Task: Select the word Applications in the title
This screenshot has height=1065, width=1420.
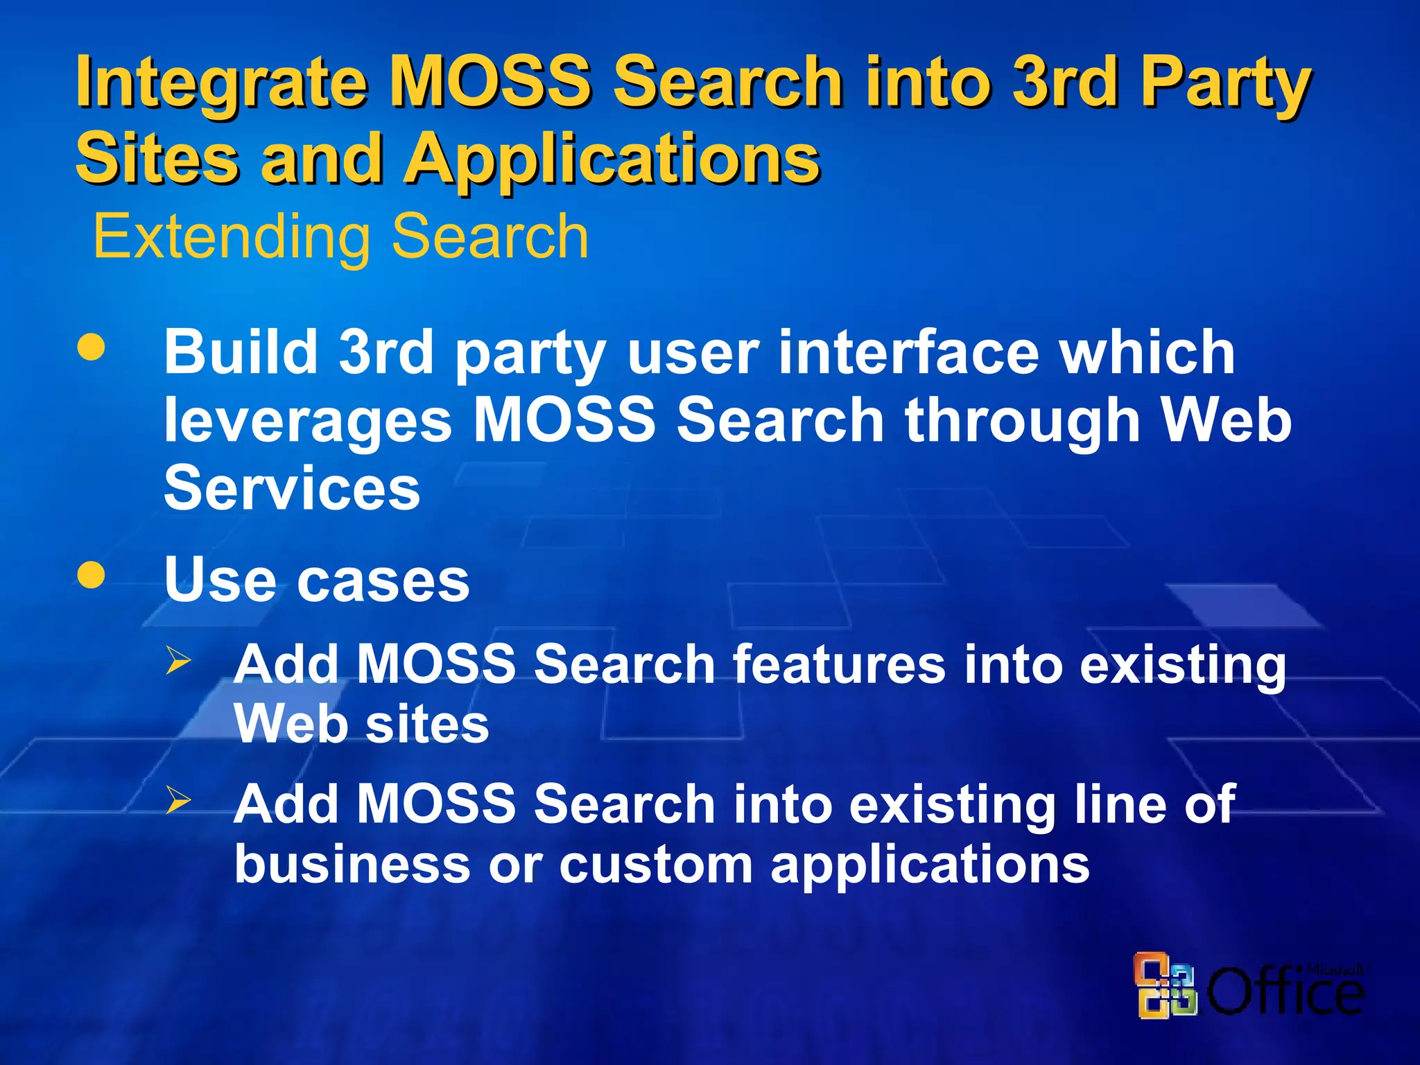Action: click(613, 159)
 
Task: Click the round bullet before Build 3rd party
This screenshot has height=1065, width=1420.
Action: click(92, 347)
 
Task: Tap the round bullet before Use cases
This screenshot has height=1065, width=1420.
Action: click(92, 574)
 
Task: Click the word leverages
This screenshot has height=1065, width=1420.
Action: click(308, 422)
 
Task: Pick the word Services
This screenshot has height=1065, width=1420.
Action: click(292, 488)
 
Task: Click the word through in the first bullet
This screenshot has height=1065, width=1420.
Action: click(1022, 422)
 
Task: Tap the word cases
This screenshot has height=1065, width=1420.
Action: click(383, 581)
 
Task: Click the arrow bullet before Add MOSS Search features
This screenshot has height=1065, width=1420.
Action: click(178, 659)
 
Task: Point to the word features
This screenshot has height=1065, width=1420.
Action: click(839, 664)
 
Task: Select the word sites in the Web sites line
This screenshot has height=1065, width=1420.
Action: click(427, 725)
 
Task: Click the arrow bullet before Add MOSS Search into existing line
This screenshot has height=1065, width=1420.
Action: click(178, 800)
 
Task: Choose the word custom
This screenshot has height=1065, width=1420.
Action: click(656, 865)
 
